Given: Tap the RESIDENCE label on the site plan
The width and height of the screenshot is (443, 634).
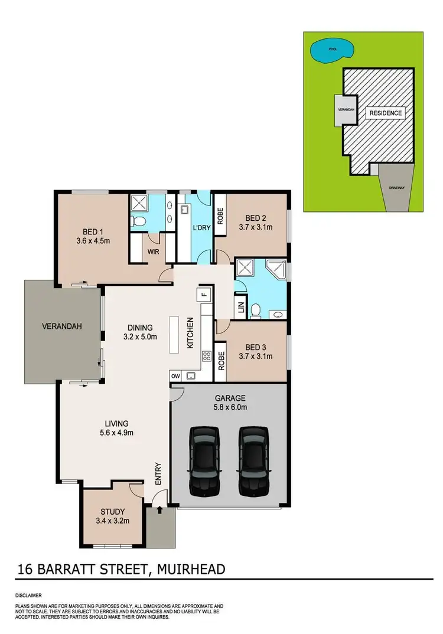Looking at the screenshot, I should [x=385, y=113].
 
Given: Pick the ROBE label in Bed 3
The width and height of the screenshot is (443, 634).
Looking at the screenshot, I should [x=220, y=360].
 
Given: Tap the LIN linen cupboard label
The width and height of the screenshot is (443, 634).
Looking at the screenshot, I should [x=241, y=308].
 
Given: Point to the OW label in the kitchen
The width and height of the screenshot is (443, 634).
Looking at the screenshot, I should [x=175, y=375].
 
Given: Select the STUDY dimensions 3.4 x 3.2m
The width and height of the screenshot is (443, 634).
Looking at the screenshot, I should [x=112, y=521].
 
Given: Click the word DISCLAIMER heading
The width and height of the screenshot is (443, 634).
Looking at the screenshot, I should [x=29, y=596].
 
